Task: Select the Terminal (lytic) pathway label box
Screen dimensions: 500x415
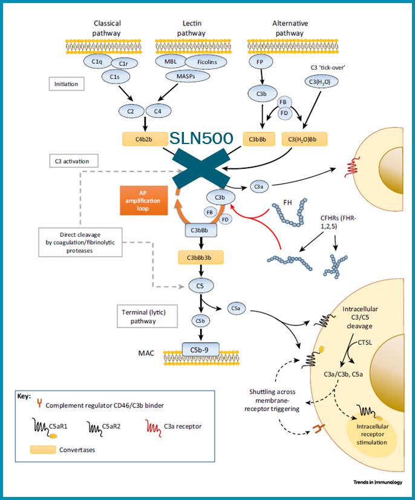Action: click(145, 315)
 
